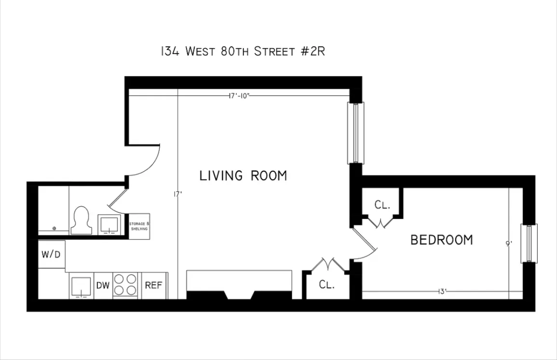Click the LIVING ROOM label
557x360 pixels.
point(243,176)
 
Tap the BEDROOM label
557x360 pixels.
point(441,240)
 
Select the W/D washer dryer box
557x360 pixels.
point(52,254)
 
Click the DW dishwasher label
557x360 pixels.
point(103,285)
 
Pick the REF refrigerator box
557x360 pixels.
point(153,285)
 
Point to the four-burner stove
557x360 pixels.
point(125,285)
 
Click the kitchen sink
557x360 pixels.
point(81,286)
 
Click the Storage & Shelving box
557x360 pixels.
point(139,226)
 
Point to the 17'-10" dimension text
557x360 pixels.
point(239,95)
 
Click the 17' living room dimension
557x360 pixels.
point(177,194)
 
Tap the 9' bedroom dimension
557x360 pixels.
point(508,244)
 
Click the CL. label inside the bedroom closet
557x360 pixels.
point(381,205)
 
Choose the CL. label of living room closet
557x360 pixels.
point(326,285)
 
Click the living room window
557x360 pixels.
point(356,133)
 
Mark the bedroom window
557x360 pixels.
point(529,244)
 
